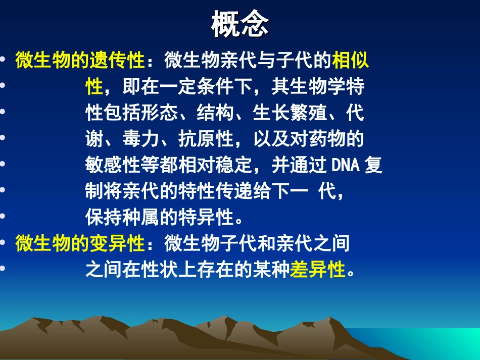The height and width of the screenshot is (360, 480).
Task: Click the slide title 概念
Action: coord(240,25)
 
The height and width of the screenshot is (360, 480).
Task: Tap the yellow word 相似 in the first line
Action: coord(350,62)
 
